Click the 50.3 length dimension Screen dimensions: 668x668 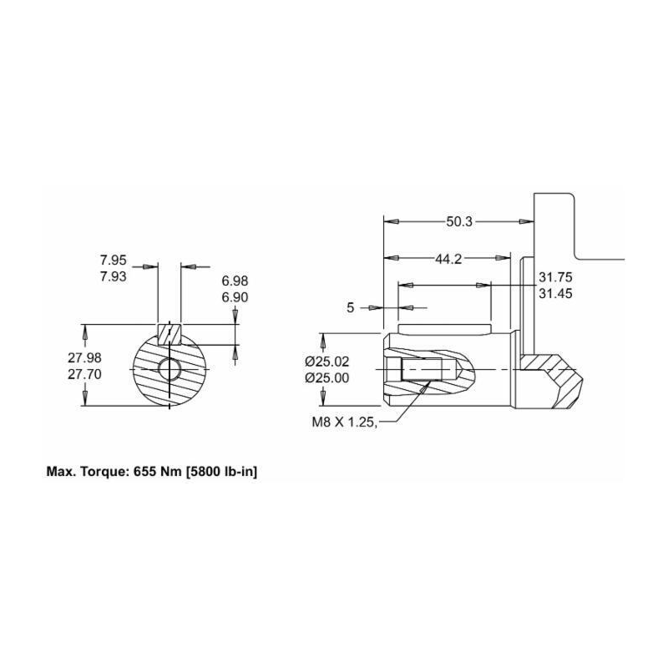(459, 222)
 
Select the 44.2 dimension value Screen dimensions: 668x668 (448, 260)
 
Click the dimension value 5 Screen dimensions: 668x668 (351, 308)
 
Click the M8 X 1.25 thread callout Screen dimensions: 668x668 (341, 423)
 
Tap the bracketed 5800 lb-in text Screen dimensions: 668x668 (216, 472)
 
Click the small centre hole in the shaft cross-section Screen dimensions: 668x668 (174, 368)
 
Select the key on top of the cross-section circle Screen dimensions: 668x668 (170, 331)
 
